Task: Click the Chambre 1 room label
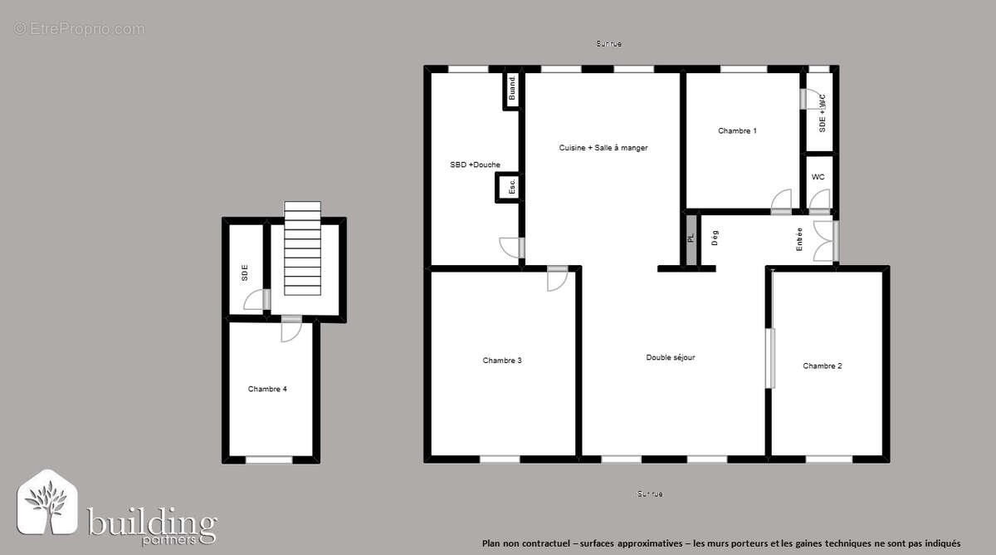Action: (x=737, y=130)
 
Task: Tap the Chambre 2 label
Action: (x=823, y=366)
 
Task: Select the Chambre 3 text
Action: (x=502, y=361)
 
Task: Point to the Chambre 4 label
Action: (x=267, y=389)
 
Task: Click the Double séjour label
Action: (x=671, y=357)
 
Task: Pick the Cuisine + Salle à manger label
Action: (x=603, y=148)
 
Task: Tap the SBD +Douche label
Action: (x=475, y=165)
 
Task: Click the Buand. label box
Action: (x=511, y=89)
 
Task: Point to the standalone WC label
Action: (x=818, y=177)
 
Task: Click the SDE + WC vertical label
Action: (x=822, y=113)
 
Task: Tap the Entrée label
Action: (x=799, y=239)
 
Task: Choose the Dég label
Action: (x=715, y=238)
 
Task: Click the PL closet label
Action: (x=691, y=238)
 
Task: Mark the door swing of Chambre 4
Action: (x=290, y=331)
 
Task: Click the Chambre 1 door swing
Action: (x=781, y=202)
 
